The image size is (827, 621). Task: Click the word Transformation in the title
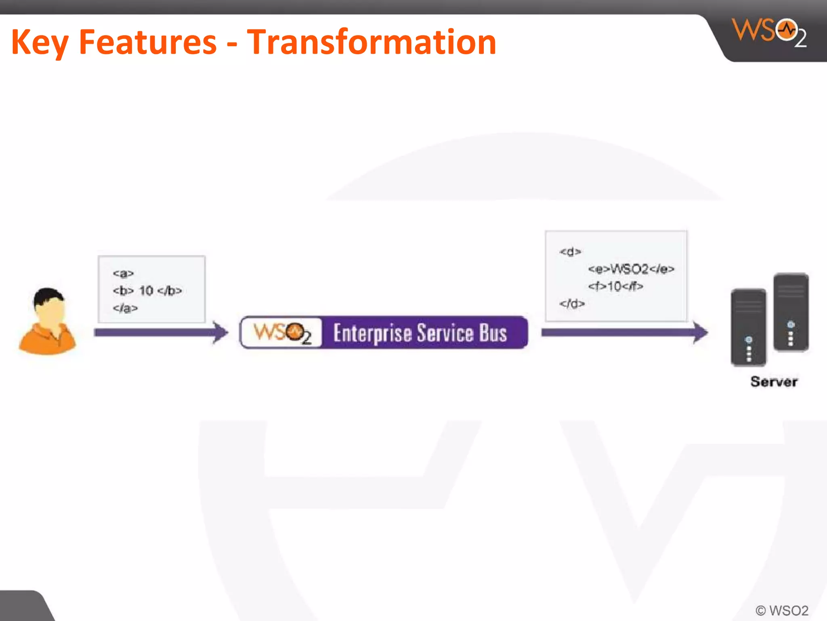372,42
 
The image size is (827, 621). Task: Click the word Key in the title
40,43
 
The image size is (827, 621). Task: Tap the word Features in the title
148,42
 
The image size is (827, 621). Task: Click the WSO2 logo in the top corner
770,32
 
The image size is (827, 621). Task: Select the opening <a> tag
123,274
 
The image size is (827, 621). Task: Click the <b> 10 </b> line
147,291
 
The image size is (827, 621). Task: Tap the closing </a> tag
125,308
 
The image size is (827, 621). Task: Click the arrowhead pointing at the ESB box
220,332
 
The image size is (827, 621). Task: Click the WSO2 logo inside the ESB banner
282,333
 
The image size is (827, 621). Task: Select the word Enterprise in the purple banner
372,333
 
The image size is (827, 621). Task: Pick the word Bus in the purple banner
493,333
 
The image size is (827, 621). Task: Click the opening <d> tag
570,252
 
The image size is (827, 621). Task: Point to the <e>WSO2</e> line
631,269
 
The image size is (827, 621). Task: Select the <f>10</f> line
615,286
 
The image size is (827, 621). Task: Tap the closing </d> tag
572,304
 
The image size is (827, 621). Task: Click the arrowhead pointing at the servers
700,332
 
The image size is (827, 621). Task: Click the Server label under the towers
774,382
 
